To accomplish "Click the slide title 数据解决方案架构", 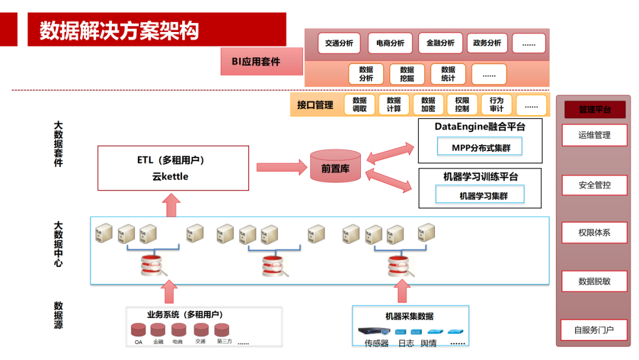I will [119, 30].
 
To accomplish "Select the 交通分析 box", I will [339, 43].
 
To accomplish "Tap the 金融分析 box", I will [440, 43].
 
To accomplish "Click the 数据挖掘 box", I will [407, 74].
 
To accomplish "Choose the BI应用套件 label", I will [256, 62].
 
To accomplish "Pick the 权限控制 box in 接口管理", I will [462, 105].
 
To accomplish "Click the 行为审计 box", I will [496, 105].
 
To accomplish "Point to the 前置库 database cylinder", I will [335, 168].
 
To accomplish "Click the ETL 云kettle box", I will [173, 169].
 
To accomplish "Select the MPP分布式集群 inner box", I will [480, 148].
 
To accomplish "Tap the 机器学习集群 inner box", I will [480, 195].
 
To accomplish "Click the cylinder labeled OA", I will [138, 330].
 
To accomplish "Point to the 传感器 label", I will [376, 343].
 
